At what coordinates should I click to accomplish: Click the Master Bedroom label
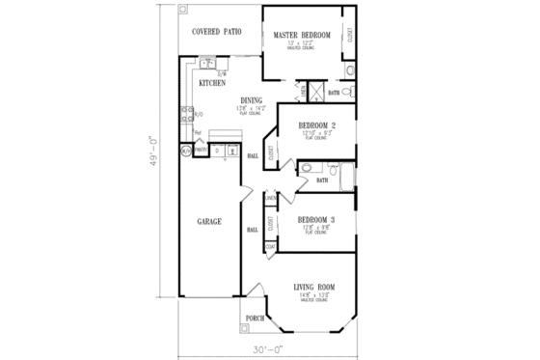coord(302,35)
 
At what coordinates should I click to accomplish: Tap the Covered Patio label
coord(216,33)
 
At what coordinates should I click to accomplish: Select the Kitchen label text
coord(212,83)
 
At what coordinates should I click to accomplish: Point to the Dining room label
coord(251,100)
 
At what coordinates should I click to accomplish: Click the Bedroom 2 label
coord(316,126)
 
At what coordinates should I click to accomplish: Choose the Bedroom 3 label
coord(316,221)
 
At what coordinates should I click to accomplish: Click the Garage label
coord(209,222)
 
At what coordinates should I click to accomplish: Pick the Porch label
coord(255,318)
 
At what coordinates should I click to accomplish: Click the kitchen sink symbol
coord(206,64)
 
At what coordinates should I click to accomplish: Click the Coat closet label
coord(271,246)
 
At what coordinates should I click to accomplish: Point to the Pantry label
coord(201,149)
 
